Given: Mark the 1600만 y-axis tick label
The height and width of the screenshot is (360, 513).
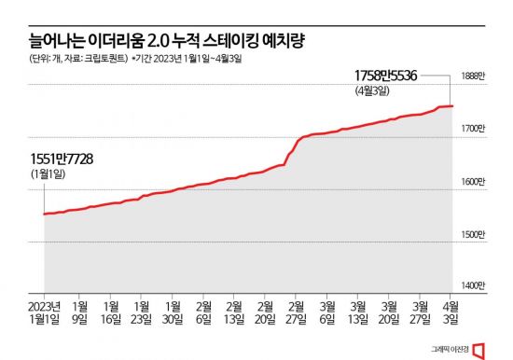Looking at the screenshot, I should coord(476,181).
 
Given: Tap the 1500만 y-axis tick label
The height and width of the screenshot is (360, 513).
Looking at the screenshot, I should coord(476,234).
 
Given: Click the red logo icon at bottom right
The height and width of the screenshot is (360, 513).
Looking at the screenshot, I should coord(480,349).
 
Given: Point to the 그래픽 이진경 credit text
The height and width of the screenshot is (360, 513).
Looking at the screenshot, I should coord(451,350).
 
